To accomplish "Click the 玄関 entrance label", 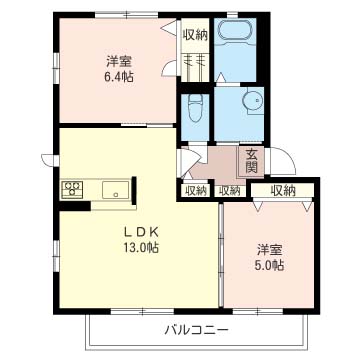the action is click(x=252, y=161).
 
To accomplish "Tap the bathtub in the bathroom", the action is click(x=235, y=32).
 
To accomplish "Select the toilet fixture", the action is click(x=195, y=108).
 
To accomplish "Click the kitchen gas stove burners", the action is click(x=72, y=189).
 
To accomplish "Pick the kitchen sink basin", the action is click(x=115, y=190).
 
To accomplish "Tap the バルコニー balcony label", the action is click(x=197, y=330).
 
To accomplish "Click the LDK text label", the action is click(x=141, y=231).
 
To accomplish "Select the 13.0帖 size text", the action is click(x=141, y=247).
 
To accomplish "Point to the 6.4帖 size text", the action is click(x=119, y=77).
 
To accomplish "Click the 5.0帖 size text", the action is click(x=269, y=265).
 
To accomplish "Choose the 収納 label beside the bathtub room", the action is click(x=195, y=35).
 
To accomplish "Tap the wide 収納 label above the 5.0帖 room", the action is click(x=283, y=190).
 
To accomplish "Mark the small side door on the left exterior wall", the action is click(x=49, y=160).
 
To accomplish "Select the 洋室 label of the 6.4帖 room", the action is click(x=119, y=61).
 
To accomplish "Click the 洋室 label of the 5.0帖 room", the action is click(x=269, y=249).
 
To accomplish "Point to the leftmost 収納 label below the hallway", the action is click(x=195, y=191).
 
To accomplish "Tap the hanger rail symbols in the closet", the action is click(x=195, y=61).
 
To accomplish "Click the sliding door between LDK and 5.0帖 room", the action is click(x=221, y=255).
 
